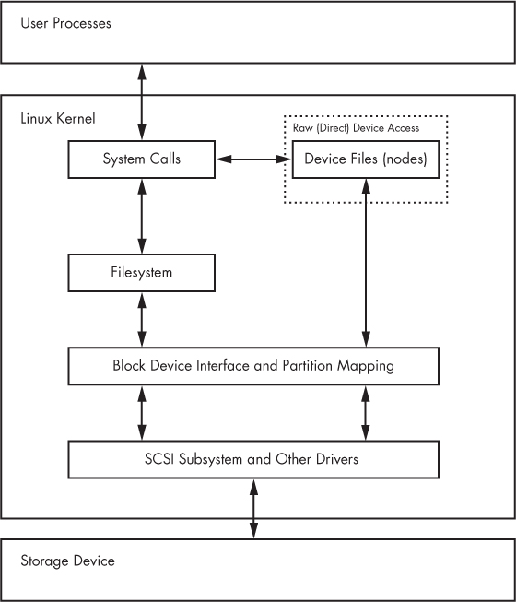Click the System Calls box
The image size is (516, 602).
pos(142,159)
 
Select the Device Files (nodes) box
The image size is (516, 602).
pos(365,159)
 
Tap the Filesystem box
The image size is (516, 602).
pos(142,273)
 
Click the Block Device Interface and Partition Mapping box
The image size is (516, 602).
pos(253,366)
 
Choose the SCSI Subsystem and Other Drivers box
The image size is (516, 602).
pos(253,458)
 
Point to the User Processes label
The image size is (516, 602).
pos(65,22)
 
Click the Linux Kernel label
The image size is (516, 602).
pos(57,119)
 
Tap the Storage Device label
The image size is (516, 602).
pos(67,560)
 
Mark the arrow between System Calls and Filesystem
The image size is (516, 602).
pos(142,216)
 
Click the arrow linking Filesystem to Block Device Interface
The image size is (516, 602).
pos(142,320)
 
